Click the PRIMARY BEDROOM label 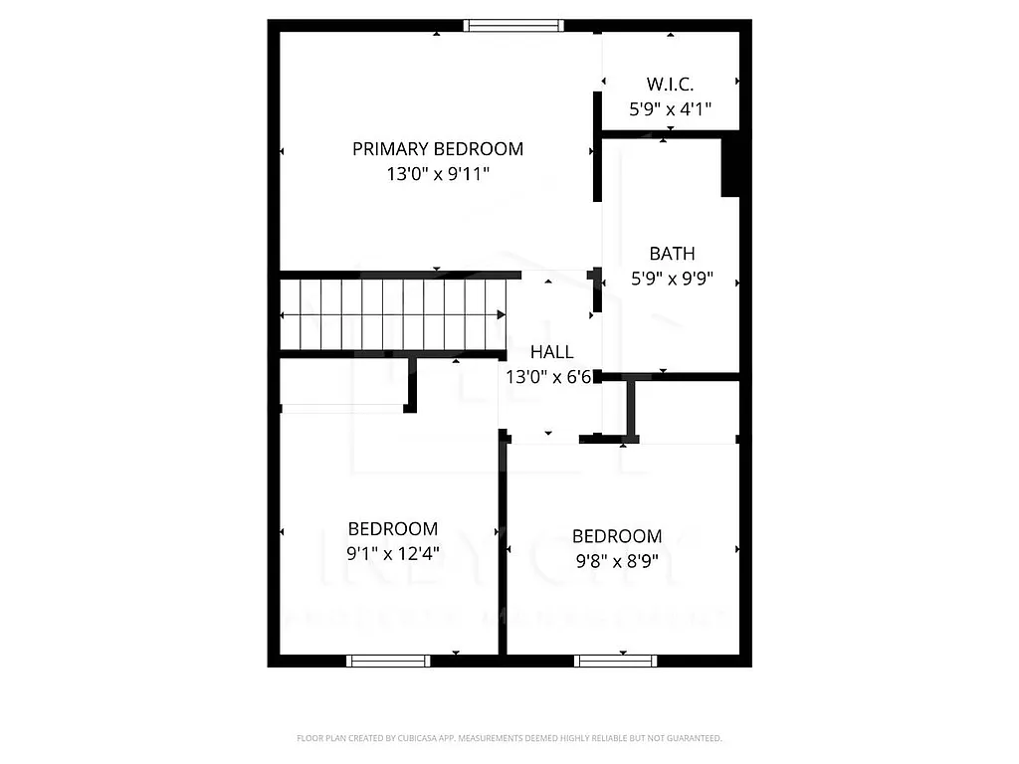(438, 149)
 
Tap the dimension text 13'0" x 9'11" (438, 174)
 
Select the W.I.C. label (670, 84)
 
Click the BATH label (672, 254)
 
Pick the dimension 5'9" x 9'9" (672, 279)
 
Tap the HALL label (551, 352)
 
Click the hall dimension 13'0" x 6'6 (548, 377)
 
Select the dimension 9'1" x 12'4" (392, 552)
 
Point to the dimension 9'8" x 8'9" (617, 560)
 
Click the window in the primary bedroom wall (514, 26)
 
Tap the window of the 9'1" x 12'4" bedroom (388, 661)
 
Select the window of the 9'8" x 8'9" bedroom (616, 661)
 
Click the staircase (393, 314)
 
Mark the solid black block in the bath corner (729, 166)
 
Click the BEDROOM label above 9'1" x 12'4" (392, 529)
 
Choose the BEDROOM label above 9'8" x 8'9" (617, 536)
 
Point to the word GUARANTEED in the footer (696, 738)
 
